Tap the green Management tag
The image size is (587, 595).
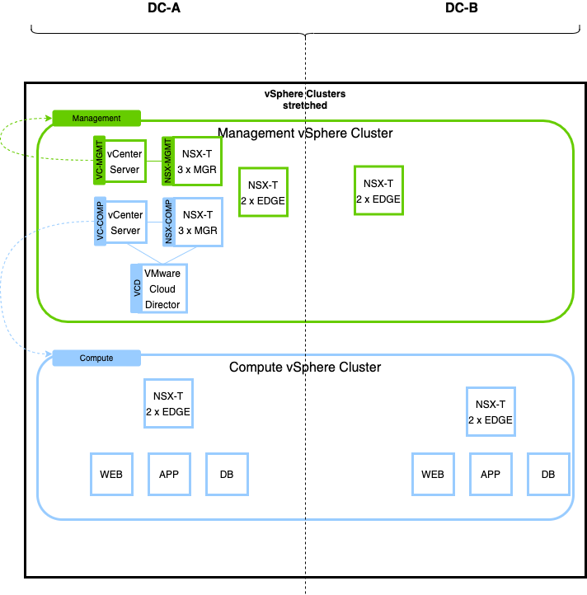point(96,118)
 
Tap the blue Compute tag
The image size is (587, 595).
point(96,358)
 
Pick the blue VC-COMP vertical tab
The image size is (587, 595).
point(100,221)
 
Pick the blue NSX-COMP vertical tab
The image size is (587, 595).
point(167,221)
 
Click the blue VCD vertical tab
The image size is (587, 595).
point(137,288)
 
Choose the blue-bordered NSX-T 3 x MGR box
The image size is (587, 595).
point(198,221)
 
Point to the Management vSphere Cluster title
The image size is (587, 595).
point(305,133)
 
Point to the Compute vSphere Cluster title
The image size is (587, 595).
point(305,367)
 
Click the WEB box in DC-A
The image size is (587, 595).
point(111,474)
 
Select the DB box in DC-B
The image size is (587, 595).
point(548,474)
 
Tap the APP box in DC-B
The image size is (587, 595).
point(491,474)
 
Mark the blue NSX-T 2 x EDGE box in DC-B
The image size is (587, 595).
point(491,412)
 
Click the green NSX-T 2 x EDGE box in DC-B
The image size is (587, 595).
point(378,191)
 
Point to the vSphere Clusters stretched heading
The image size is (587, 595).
point(305,100)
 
